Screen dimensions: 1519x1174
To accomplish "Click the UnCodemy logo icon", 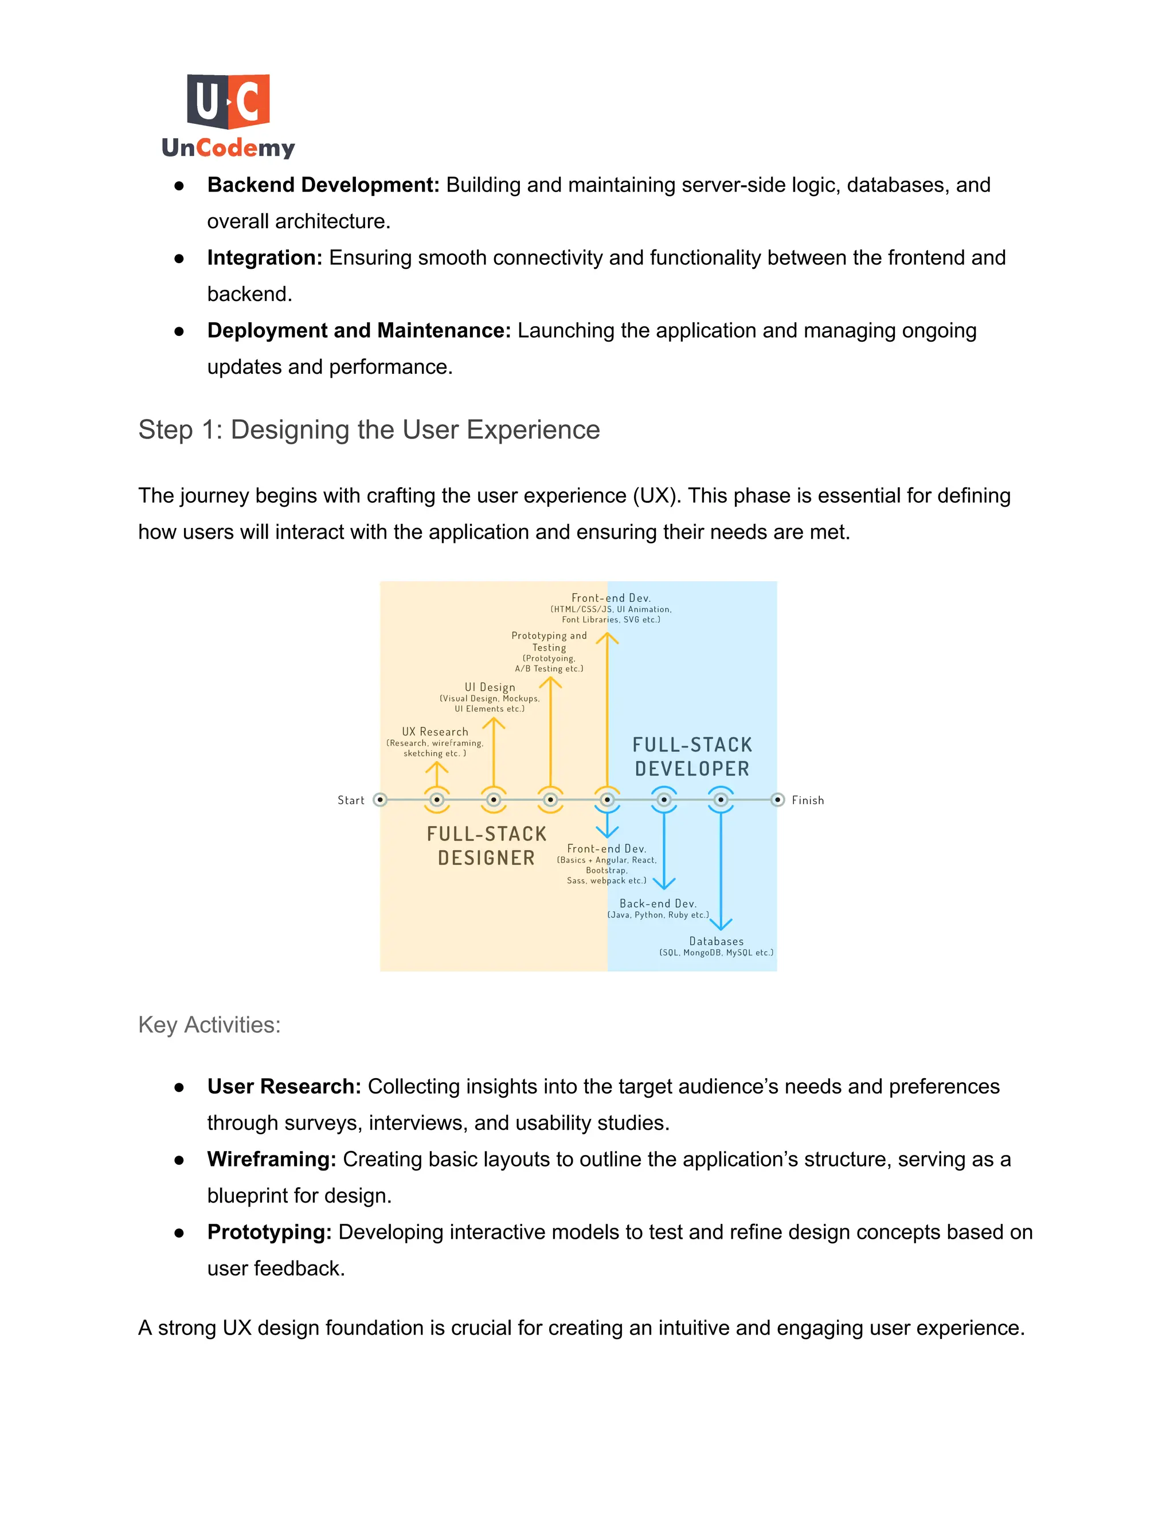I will point(228,101).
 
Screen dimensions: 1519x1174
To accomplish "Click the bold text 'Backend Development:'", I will point(323,185).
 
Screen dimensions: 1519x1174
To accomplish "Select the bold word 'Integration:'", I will point(264,258).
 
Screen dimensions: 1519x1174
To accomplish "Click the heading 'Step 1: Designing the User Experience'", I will point(369,430).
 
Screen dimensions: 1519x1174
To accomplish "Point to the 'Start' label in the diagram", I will point(350,801).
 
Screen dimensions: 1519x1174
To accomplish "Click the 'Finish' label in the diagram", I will point(808,801).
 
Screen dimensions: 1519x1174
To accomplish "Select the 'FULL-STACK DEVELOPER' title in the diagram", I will point(692,757).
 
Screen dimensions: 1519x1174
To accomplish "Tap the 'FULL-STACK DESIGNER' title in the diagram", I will point(486,845).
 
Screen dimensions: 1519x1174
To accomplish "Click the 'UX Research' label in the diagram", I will point(435,731).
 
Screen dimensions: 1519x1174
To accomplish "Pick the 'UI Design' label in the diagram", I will point(490,687).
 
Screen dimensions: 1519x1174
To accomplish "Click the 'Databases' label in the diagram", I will point(717,941).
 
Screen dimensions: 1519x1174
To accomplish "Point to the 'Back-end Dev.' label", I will point(658,903).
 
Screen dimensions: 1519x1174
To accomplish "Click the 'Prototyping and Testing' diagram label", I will point(549,641).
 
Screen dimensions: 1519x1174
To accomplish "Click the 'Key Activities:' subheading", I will point(209,1024).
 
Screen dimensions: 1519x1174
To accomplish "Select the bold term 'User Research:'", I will point(284,1086).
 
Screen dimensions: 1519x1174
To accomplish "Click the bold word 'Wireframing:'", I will point(271,1160).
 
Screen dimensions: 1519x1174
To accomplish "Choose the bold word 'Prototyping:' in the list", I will point(269,1232).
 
